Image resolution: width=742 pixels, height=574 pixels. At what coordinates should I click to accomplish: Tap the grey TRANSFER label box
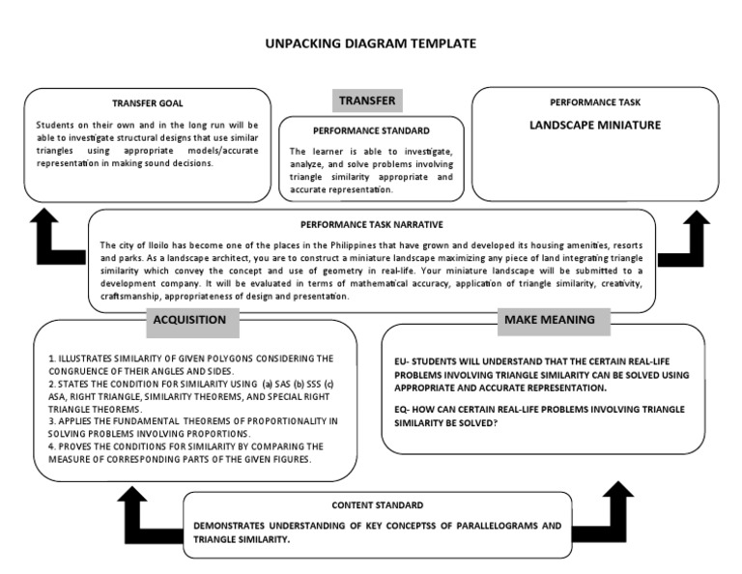(x=366, y=100)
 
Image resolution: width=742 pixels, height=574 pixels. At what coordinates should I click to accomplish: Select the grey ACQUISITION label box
(x=190, y=320)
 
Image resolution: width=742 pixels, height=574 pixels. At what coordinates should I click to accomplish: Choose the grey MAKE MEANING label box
(x=549, y=320)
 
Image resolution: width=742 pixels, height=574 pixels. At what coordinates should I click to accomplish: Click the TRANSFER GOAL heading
(x=147, y=102)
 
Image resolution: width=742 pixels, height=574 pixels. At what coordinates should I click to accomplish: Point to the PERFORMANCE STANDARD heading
(x=371, y=129)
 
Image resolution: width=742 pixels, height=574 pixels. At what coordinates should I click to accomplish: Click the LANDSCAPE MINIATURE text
(x=595, y=126)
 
